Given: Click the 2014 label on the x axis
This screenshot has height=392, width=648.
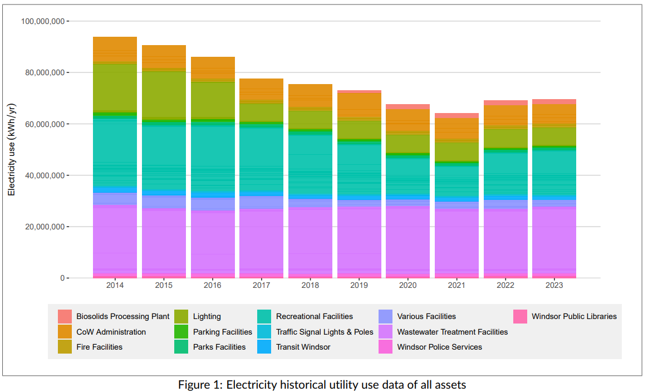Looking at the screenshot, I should pyautogui.click(x=115, y=285).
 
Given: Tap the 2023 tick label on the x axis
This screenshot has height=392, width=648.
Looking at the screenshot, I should pyautogui.click(x=554, y=285).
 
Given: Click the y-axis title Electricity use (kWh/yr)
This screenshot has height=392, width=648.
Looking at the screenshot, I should pyautogui.click(x=11, y=149).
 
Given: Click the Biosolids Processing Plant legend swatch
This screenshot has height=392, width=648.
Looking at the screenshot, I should pyautogui.click(x=65, y=316).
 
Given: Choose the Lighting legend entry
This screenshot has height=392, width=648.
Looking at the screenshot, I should pyautogui.click(x=207, y=316).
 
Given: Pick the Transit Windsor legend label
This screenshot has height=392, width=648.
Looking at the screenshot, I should pyautogui.click(x=303, y=347).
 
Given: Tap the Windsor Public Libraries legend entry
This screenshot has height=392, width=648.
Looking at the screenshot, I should pyautogui.click(x=573, y=316).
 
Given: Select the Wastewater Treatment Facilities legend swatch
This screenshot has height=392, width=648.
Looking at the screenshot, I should pyautogui.click(x=385, y=332).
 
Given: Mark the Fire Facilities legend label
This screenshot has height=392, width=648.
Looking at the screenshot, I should pyautogui.click(x=99, y=347).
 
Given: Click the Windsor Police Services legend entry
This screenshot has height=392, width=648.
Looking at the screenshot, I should pyautogui.click(x=439, y=347).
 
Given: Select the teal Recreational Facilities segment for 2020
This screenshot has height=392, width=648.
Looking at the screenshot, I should pyautogui.click(x=408, y=175).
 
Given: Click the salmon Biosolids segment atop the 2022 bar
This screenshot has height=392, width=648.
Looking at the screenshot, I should pyautogui.click(x=505, y=103).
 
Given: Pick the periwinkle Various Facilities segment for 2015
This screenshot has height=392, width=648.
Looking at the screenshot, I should pyautogui.click(x=164, y=201).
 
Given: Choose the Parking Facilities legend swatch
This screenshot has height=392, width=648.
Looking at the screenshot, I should pyautogui.click(x=181, y=332).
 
